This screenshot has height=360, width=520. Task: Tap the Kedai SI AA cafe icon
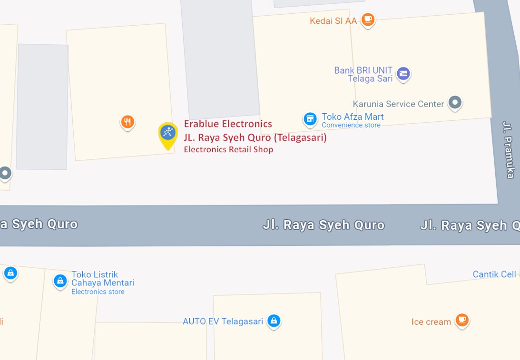(x=367, y=19)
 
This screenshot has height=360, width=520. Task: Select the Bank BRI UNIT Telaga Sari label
(x=363, y=74)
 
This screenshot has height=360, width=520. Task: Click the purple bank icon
(x=403, y=73)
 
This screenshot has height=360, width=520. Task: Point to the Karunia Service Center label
(x=398, y=104)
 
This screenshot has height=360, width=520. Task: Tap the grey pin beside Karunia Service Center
(x=455, y=102)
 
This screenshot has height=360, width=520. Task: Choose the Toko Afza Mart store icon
(x=310, y=118)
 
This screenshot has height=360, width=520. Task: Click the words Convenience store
(x=351, y=125)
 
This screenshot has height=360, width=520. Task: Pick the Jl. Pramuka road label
(x=509, y=149)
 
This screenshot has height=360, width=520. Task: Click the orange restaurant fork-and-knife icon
(x=127, y=122)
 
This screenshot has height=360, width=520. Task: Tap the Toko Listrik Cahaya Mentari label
(x=102, y=279)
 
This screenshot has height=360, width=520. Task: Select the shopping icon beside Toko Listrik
(x=60, y=281)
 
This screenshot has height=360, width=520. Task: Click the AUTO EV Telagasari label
(x=223, y=321)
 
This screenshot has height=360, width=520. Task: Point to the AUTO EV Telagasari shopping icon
(x=273, y=321)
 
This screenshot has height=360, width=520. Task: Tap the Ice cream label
(x=431, y=322)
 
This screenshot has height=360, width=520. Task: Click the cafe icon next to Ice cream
(x=461, y=320)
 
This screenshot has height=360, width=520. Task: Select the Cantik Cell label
(x=494, y=274)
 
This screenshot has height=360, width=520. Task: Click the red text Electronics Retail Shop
(x=228, y=149)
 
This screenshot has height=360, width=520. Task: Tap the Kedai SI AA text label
(x=333, y=21)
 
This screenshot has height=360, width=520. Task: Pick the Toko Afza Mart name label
(x=353, y=117)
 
